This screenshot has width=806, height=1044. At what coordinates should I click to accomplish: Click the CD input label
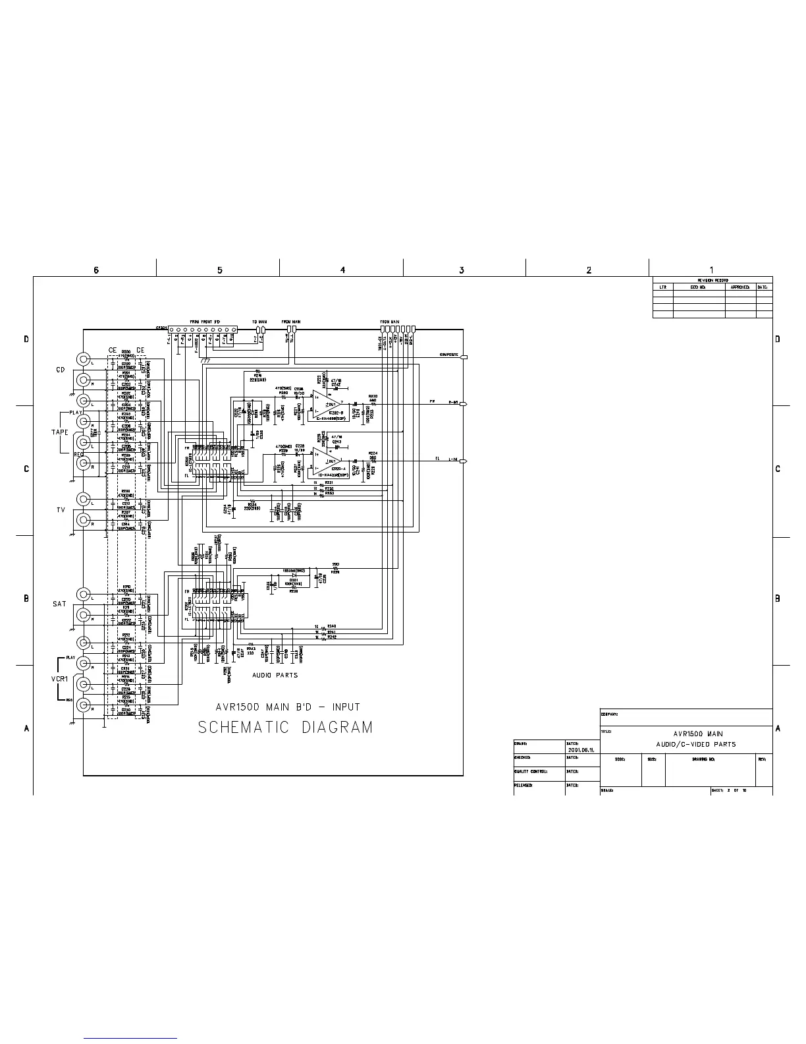point(59,370)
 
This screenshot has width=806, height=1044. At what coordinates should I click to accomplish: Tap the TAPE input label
point(60,432)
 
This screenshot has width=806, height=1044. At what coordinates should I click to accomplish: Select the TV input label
point(59,510)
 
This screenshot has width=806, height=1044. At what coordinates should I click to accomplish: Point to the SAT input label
point(59,604)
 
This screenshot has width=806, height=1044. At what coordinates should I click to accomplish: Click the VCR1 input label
point(61,678)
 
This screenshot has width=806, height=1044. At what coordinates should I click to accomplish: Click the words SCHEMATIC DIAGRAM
point(285,728)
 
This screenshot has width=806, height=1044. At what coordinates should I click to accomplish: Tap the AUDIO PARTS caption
point(275,675)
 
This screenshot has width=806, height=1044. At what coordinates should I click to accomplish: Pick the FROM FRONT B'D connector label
point(204,322)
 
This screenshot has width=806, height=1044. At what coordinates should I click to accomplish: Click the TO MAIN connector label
point(259,322)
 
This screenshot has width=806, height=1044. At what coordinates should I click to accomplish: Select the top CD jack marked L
point(84,359)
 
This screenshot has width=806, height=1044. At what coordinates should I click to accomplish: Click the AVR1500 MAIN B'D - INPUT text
point(288,707)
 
